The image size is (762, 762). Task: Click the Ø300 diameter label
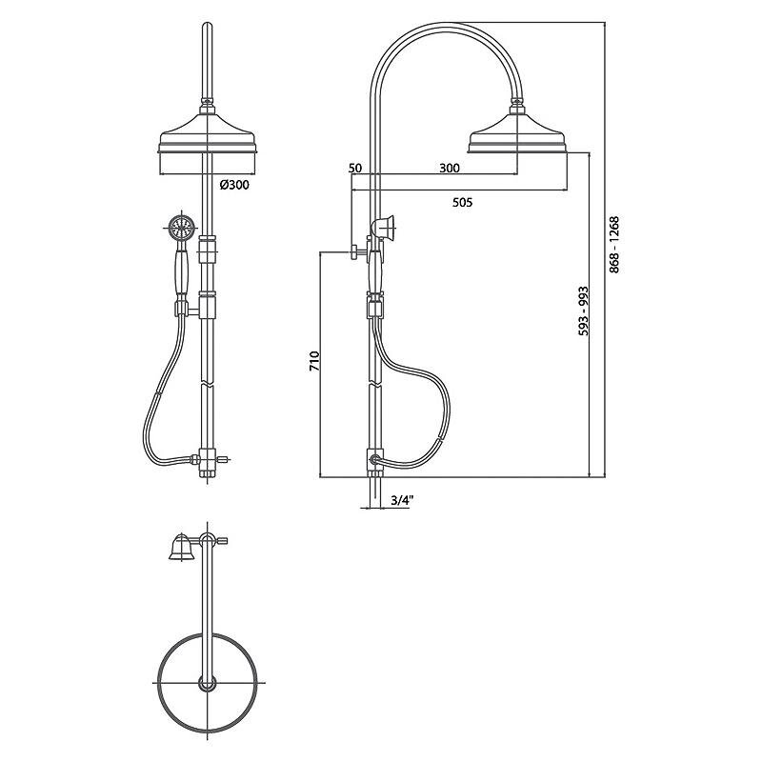[x=234, y=185]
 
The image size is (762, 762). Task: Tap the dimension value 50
[x=355, y=169]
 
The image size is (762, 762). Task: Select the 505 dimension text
[x=462, y=202]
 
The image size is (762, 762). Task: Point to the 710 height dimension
[x=314, y=361]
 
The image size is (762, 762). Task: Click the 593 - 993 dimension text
[x=583, y=311]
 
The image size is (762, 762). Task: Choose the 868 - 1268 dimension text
[x=614, y=245]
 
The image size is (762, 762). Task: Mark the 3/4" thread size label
[x=401, y=501]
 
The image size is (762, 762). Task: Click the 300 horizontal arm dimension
[x=450, y=169]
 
